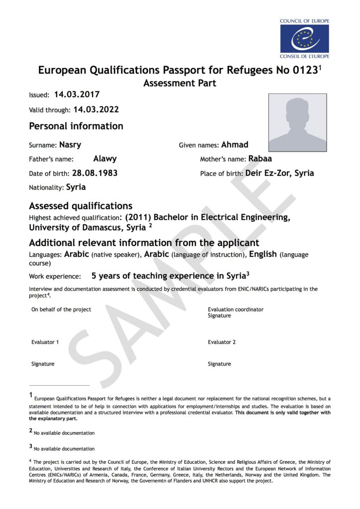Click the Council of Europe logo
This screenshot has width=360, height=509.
304,38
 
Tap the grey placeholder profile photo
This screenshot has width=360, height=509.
297,123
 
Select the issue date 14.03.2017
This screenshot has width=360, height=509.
77,94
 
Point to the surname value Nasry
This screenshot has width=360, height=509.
70,145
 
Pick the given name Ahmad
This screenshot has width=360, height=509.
235,145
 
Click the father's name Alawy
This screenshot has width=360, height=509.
105,159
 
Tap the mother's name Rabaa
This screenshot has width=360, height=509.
260,159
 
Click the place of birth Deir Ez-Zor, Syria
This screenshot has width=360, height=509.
279,173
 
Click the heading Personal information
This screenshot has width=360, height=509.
76,126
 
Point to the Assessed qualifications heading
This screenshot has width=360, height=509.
81,205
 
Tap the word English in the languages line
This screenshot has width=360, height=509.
263,254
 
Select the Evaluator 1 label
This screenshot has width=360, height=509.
45,342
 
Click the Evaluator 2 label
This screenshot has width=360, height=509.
222,342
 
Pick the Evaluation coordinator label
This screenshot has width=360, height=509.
236,309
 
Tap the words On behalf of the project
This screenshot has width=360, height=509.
61,309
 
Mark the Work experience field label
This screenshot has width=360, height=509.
55,276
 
